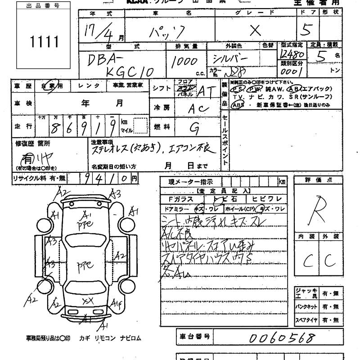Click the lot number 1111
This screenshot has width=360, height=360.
click(x=44, y=42)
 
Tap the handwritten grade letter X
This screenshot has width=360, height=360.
click(x=255, y=30)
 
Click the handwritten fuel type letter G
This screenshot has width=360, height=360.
click(x=194, y=129)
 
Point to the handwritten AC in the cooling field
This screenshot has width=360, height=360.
click(x=198, y=108)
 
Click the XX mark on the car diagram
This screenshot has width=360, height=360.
click(x=88, y=301)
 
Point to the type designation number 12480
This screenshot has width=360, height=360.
click(x=292, y=55)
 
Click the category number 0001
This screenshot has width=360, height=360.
click(x=291, y=72)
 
